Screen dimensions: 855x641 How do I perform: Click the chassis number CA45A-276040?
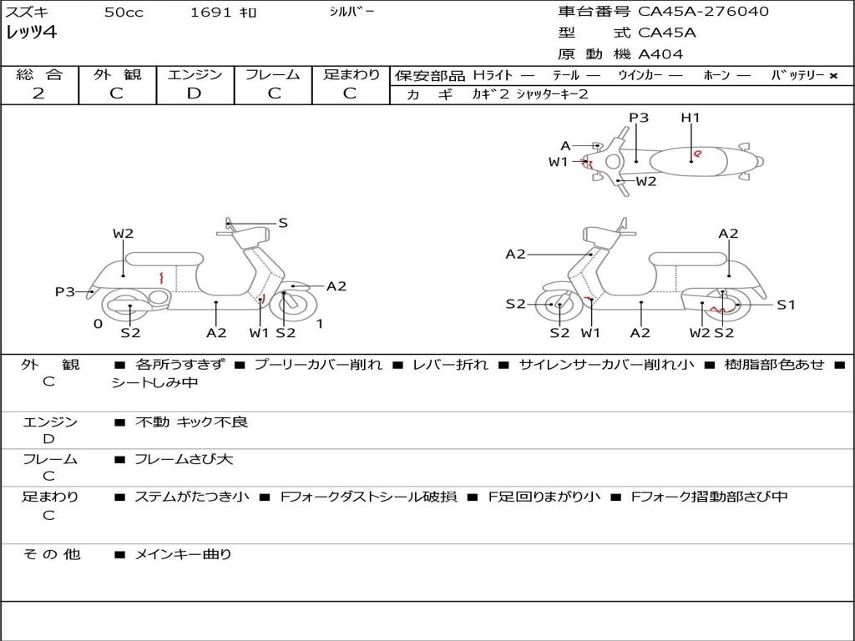point(703,12)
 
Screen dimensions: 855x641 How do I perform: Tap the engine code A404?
point(660,54)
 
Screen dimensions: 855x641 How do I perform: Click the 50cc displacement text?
point(123,13)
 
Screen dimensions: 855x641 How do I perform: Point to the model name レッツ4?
point(31,33)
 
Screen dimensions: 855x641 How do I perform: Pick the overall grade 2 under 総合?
point(38,93)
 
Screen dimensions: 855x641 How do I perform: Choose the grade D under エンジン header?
point(194,93)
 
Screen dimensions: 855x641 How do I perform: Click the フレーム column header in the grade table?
point(273,74)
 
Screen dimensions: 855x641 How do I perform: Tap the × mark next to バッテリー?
point(832,75)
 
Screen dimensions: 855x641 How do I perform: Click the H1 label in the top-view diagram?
point(690,118)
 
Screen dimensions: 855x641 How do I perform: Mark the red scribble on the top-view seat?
point(697,154)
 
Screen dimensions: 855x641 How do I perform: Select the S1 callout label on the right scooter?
point(786,305)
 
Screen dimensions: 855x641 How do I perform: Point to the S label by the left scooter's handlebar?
point(283,223)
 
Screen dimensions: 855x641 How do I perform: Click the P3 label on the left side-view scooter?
point(65,291)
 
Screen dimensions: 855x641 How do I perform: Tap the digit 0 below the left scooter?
point(98,324)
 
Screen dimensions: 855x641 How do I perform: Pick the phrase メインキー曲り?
point(183,553)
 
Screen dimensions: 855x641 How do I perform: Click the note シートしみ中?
point(154,383)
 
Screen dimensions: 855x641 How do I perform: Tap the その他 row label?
point(51,553)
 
